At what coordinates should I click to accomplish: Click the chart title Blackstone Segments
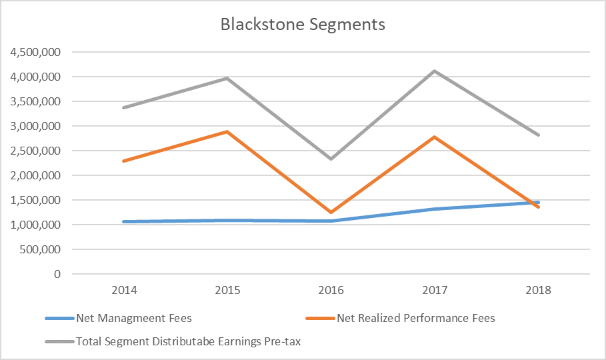[x=303, y=25]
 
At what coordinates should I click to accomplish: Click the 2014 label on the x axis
[x=124, y=291]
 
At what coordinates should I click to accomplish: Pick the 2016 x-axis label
[x=331, y=291]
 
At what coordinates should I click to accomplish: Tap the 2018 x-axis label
[x=538, y=291]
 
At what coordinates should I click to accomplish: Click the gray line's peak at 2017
[x=435, y=71]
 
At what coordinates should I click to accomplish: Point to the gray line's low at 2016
[x=331, y=159]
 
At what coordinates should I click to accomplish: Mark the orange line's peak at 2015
[x=227, y=131]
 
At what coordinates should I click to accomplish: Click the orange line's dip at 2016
[x=331, y=213]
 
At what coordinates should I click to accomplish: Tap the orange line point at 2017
[x=435, y=137]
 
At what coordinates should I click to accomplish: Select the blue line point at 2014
[x=124, y=221]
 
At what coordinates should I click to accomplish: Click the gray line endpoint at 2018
[x=538, y=135]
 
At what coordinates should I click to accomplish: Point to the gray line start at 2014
[x=124, y=107]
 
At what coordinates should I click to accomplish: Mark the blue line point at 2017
[x=435, y=209]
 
